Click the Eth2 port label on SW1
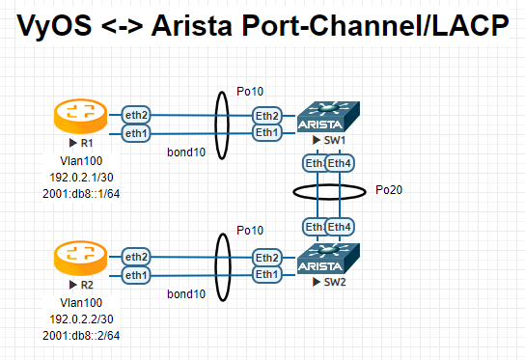pyautogui.click(x=266, y=115)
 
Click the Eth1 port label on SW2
pyautogui.click(x=266, y=275)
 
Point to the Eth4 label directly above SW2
pyautogui.click(x=339, y=227)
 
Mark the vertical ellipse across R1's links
pyautogui.click(x=222, y=125)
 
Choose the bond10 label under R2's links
pyautogui.click(x=185, y=293)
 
